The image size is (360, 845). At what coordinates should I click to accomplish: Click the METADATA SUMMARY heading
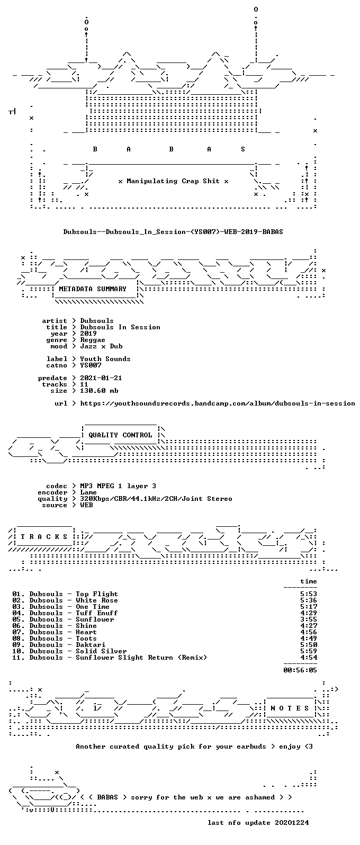tap(93, 289)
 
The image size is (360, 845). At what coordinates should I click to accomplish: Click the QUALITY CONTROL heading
tap(120, 435)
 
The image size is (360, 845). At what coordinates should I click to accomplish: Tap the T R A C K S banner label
tap(44, 537)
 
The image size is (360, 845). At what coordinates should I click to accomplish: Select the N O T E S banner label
tap(290, 708)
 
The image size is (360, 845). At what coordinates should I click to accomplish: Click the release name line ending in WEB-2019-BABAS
tap(173, 232)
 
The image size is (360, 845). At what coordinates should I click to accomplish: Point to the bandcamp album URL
tap(218, 403)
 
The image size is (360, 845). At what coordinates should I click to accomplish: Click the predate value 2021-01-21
tap(101, 378)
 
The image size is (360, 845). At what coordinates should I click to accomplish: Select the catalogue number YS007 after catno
tap(91, 365)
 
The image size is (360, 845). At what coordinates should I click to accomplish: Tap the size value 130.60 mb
tap(99, 391)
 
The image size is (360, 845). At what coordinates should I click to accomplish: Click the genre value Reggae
tap(93, 340)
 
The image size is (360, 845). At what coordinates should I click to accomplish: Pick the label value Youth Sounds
tap(105, 359)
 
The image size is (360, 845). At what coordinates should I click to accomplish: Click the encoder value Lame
tap(88, 492)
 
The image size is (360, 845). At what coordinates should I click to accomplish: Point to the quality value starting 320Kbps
tap(156, 499)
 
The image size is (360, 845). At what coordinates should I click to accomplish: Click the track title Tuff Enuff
tap(96, 613)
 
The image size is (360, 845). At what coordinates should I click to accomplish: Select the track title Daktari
tap(91, 645)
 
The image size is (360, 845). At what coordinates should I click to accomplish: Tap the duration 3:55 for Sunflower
tap(309, 619)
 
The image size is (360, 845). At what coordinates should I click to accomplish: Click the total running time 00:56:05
tap(300, 670)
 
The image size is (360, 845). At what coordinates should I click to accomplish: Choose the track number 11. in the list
tap(19, 658)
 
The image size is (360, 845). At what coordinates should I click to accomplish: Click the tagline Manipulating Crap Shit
tap(173, 181)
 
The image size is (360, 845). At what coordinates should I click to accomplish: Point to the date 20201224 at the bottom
tap(292, 822)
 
